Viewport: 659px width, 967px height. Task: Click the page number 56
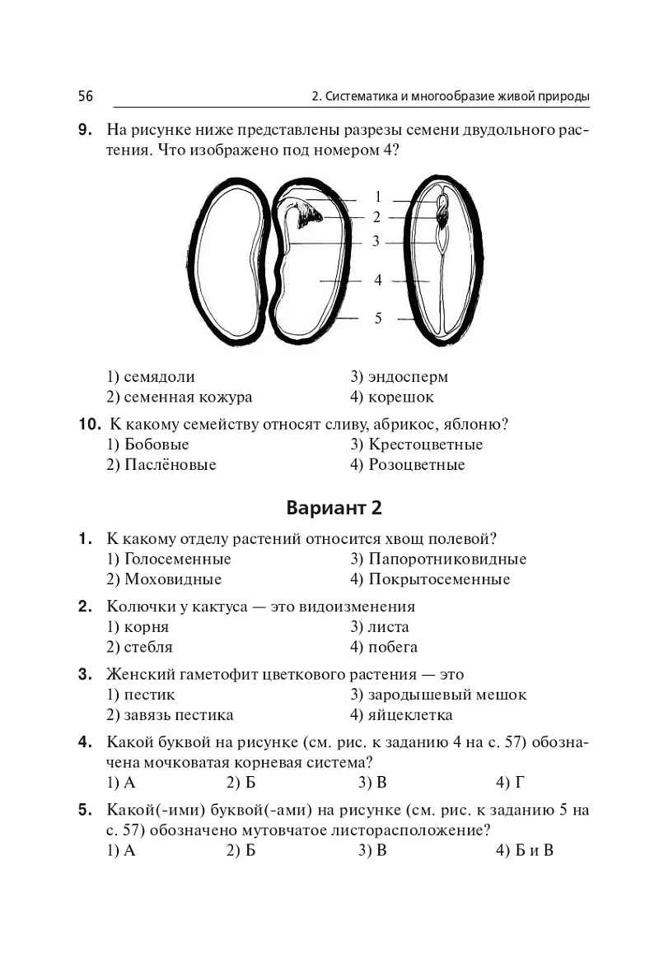pos(86,95)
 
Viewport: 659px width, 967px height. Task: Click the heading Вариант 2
pos(334,508)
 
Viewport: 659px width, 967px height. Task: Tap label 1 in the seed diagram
pos(378,197)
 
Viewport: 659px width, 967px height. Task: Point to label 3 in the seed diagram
pos(376,241)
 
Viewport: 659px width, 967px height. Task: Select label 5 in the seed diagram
pos(378,318)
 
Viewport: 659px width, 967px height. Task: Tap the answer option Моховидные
pos(164,579)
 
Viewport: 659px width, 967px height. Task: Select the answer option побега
pos(384,648)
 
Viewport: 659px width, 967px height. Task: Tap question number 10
pos(89,425)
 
